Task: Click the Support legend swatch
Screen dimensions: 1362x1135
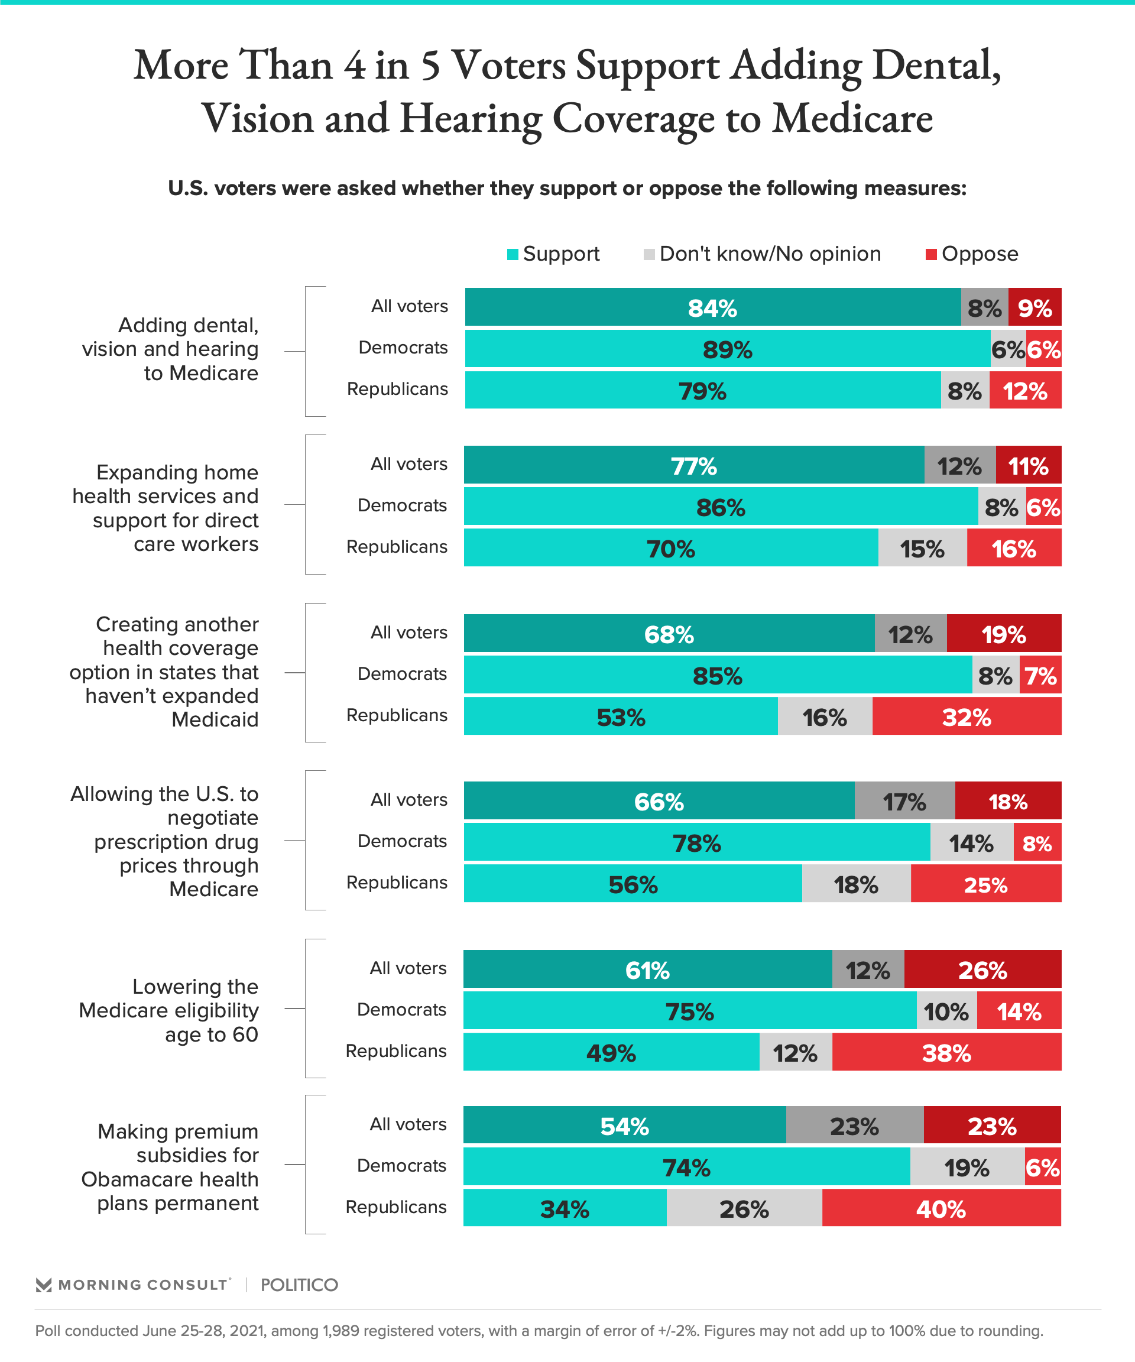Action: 513,254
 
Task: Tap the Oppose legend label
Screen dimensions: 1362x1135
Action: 980,254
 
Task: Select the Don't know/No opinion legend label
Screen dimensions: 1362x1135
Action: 770,254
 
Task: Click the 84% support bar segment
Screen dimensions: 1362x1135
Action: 712,307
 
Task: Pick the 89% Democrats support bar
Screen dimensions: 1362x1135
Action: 727,349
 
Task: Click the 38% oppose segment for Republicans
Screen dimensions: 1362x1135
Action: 946,1052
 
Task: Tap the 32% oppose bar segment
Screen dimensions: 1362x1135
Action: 967,716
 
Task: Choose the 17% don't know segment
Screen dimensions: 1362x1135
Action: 904,801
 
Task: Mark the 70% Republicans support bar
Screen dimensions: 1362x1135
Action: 670,548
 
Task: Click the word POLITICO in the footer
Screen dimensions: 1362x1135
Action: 299,1285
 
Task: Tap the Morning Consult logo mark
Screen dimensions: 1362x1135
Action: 44,1285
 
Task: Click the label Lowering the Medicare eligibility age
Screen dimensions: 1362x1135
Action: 168,1010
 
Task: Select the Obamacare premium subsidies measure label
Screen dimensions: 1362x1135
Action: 170,1167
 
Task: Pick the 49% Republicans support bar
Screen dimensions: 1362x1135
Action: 611,1052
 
